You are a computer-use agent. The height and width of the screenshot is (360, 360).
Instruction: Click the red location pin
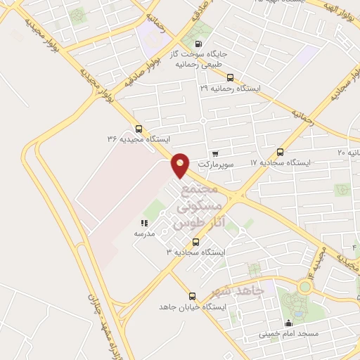(181, 164)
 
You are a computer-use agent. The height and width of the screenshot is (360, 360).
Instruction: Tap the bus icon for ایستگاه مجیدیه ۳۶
(138, 129)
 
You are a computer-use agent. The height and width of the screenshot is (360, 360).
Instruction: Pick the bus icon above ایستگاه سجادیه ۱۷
(281, 152)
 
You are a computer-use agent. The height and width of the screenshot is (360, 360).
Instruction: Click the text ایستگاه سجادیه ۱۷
(281, 162)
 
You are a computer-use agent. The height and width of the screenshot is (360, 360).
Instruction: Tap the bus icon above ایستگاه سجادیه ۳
(195, 242)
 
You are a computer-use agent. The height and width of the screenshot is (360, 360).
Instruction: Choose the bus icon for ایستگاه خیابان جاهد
(192, 296)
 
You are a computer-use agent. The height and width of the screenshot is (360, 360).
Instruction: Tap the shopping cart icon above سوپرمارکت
(214, 153)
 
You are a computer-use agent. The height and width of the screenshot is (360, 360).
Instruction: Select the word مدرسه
(143, 233)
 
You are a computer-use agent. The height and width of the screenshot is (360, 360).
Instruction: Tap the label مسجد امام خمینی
(288, 334)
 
